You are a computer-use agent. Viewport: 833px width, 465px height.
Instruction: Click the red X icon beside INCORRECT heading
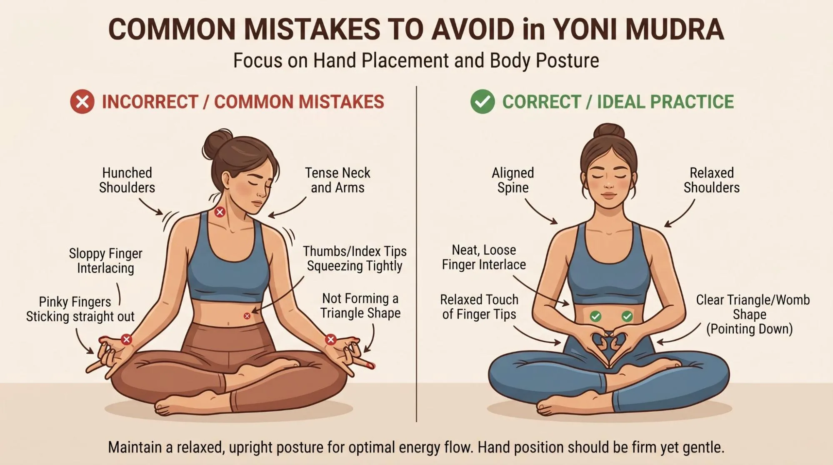82,102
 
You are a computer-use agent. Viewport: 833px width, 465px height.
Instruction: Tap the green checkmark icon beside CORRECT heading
483,102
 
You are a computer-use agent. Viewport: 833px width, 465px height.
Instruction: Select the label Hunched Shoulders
127,180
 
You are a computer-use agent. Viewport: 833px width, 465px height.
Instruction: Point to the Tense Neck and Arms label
338,180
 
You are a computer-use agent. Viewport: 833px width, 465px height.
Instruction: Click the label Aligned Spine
513,180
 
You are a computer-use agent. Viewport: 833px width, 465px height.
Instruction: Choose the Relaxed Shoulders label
712,180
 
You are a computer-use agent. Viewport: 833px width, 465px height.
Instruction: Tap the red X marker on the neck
220,212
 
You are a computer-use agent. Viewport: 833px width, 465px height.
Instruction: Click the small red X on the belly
247,316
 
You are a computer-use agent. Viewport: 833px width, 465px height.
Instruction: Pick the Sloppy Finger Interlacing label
106,261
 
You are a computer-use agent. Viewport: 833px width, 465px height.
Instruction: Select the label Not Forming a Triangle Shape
360,305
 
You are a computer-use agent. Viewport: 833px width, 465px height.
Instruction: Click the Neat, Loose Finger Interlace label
484,257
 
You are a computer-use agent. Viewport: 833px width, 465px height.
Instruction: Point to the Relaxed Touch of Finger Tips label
479,307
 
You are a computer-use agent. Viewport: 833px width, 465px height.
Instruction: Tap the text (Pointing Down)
749,329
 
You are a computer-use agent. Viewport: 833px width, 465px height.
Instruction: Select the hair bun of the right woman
609,131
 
